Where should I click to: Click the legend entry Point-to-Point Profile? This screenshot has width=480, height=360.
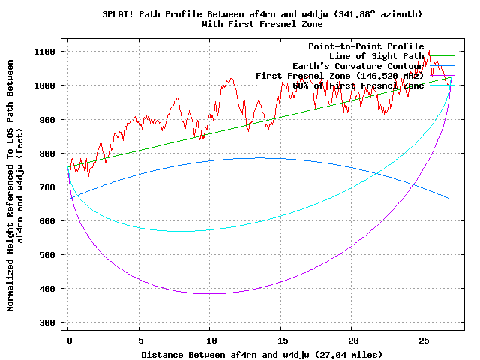[366, 46]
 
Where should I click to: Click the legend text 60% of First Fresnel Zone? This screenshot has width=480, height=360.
[358, 85]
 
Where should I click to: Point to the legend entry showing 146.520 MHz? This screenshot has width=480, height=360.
[340, 76]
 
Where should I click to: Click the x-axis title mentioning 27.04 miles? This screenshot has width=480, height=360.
[262, 353]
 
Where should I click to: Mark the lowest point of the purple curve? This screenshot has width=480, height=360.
[212, 293]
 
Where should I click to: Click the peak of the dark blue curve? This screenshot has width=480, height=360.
[259, 157]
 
